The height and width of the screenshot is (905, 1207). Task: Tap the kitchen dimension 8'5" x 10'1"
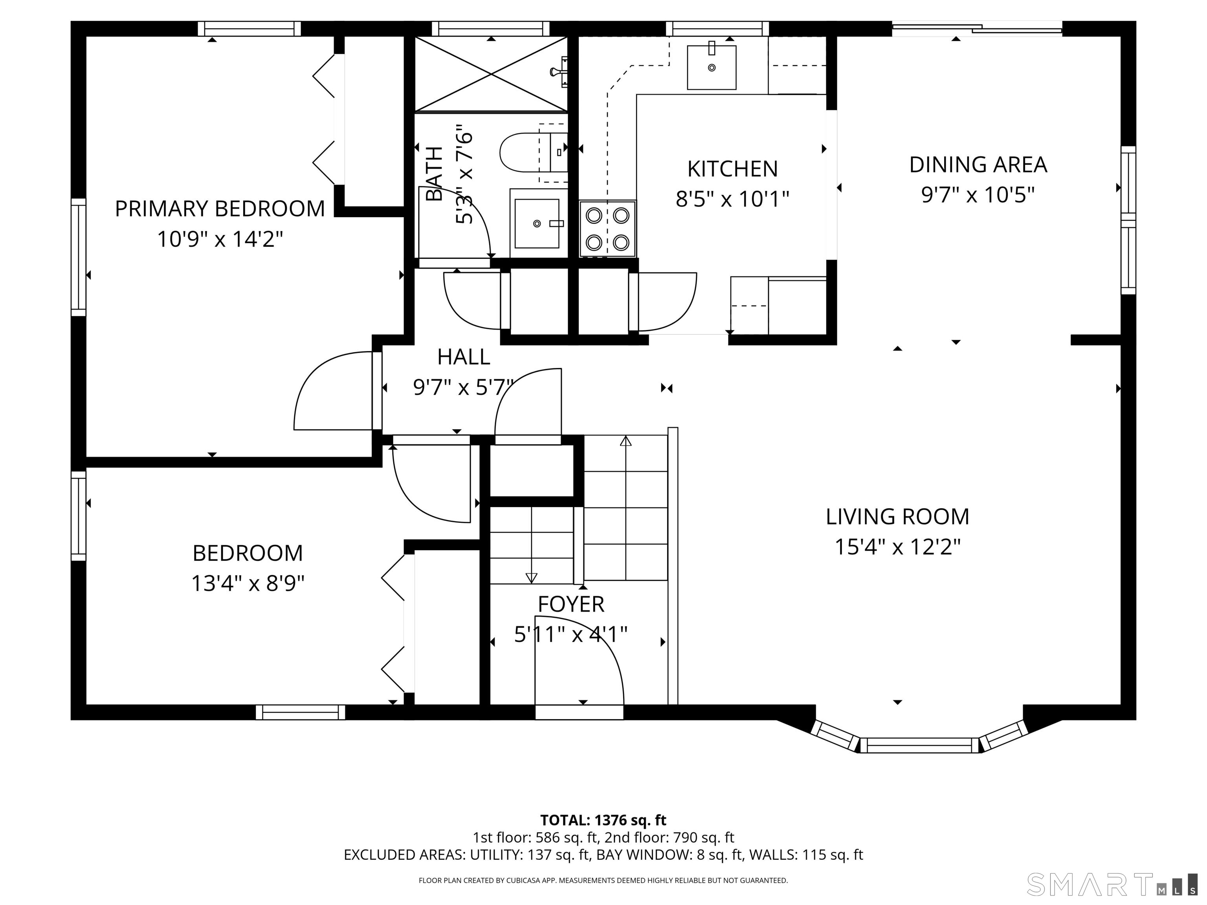(x=732, y=199)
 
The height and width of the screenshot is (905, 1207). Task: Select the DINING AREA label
(x=978, y=165)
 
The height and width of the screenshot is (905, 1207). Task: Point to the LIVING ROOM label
(x=897, y=517)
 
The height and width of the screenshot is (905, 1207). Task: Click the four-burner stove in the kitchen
(x=607, y=229)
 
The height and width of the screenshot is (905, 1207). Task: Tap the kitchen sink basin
(x=711, y=68)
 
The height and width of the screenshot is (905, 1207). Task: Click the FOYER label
(x=571, y=605)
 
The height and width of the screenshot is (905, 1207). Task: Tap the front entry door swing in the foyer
(x=578, y=663)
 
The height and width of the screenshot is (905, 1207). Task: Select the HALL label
(x=463, y=357)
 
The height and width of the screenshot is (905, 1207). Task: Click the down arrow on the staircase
(x=531, y=577)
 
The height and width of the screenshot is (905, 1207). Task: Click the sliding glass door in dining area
(x=977, y=28)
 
